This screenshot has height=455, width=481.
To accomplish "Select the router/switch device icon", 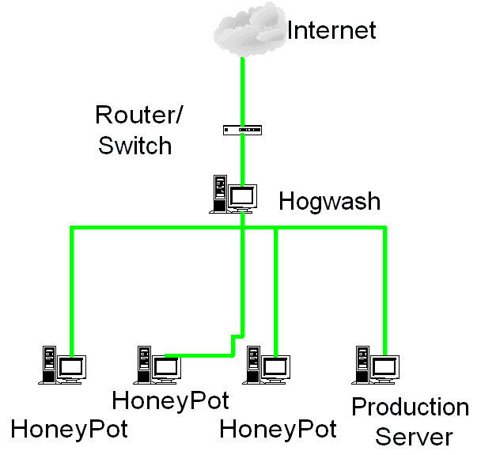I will [x=241, y=129].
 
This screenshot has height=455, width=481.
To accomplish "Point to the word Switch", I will [x=134, y=146].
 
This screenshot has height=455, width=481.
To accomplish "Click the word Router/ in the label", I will [x=138, y=115].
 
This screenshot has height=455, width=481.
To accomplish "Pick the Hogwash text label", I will [x=329, y=201].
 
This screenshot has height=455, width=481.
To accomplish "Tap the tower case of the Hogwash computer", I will [x=218, y=192].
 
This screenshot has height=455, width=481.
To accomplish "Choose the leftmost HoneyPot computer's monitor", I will [x=71, y=366].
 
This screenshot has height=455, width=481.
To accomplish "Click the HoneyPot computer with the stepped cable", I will [x=157, y=365].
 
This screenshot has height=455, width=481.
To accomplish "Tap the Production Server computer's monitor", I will [x=384, y=366].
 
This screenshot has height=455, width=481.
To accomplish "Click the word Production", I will [x=410, y=408].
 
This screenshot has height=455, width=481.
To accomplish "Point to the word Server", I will [x=414, y=436].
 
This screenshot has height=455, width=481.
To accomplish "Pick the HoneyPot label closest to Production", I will [x=278, y=430].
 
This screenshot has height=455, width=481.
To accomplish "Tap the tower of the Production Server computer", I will [x=362, y=362].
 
